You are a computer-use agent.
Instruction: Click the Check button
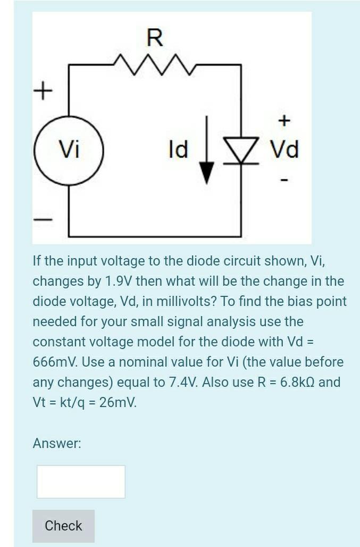[63, 526]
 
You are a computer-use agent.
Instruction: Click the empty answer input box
[81, 482]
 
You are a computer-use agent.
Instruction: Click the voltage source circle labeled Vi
[69, 151]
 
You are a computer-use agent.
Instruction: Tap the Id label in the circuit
[178, 150]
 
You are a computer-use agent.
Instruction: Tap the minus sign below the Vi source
[44, 219]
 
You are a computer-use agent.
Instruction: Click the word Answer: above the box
[57, 443]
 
